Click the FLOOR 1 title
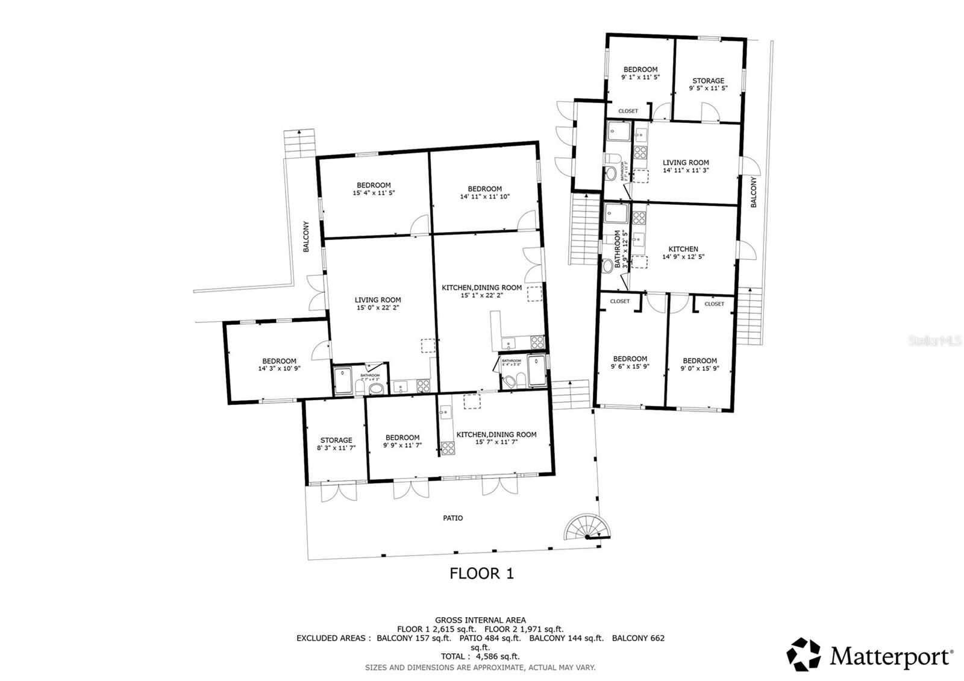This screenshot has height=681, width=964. pos(481,573)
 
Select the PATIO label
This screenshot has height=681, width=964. pos(452,518)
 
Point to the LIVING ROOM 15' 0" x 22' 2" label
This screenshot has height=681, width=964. pos(378,304)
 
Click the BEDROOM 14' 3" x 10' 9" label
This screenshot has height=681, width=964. pos(279,365)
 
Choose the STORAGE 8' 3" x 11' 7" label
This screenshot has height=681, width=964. pos(336,444)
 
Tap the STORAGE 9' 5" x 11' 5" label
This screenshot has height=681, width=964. pos(708,84)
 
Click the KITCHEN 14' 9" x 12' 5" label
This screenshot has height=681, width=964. pos(683,253)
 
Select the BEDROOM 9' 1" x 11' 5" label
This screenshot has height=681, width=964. pos(640,74)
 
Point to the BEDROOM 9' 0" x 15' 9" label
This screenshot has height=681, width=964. pos(700,365)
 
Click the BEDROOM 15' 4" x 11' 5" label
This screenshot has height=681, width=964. pos(374,189)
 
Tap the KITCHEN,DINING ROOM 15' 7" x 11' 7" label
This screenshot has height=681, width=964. pos(496,438)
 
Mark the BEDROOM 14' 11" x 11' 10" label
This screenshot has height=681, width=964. pos(484,192)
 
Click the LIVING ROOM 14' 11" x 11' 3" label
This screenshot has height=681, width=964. pos(686,166)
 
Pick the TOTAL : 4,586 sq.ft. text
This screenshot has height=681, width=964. pos(480,656)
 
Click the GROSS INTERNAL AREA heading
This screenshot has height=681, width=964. pos(480,620)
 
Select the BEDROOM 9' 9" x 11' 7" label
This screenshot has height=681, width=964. pos(402,441)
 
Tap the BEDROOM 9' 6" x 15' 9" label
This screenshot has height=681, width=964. pos(630,362)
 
